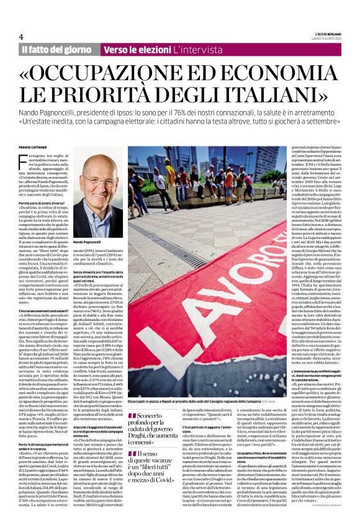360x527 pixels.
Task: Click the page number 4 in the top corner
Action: pyautogui.click(x=21, y=37)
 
